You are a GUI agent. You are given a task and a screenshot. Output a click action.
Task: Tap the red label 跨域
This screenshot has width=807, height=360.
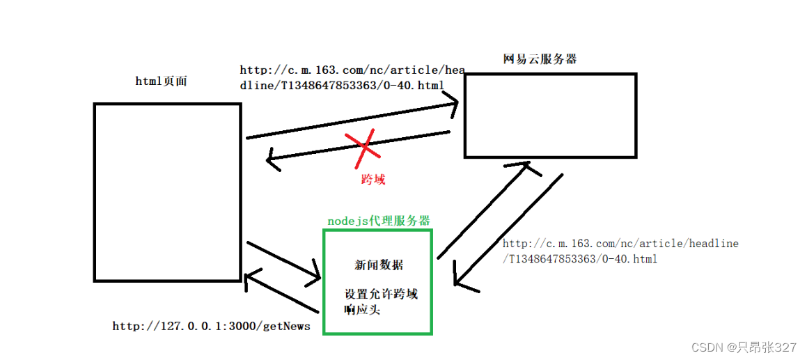coord(373,180)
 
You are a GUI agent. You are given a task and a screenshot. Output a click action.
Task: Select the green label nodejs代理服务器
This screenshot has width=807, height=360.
coord(378,221)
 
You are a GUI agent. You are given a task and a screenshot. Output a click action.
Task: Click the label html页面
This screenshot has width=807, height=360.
coord(162,81)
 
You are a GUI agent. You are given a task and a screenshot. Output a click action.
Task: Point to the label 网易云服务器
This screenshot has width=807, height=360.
coord(540,60)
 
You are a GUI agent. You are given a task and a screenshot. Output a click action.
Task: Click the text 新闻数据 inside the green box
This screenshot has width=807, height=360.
coord(378,265)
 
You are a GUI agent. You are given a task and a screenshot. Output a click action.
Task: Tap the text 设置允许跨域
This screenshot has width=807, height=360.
coord(381,294)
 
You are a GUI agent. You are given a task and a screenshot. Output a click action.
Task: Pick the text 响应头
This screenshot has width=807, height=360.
coord(362,310)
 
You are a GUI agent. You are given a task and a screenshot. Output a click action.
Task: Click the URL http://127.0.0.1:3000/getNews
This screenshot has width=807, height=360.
coord(211,326)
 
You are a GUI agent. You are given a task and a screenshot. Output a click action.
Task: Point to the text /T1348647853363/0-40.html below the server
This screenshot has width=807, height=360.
coord(579,259)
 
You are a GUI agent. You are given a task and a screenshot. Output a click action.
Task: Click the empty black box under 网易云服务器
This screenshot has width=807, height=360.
coord(550,116)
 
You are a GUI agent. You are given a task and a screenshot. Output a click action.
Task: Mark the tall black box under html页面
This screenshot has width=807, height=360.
coord(167,192)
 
